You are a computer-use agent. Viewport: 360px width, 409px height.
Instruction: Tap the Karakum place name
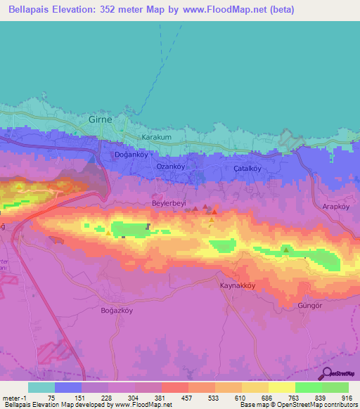(x=156, y=137)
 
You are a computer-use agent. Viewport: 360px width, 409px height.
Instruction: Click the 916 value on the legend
(x=347, y=397)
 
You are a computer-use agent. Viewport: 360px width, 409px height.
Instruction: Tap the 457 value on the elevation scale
(x=186, y=397)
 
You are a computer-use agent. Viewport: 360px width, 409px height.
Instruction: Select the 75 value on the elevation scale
(x=51, y=397)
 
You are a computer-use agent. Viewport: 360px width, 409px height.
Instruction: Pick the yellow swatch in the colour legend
(x=282, y=387)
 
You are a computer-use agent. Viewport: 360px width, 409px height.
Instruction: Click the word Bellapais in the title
(x=33, y=10)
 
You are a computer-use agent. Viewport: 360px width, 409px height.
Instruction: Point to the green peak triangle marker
(x=285, y=249)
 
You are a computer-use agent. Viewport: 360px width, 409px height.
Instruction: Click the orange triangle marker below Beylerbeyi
(x=212, y=221)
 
